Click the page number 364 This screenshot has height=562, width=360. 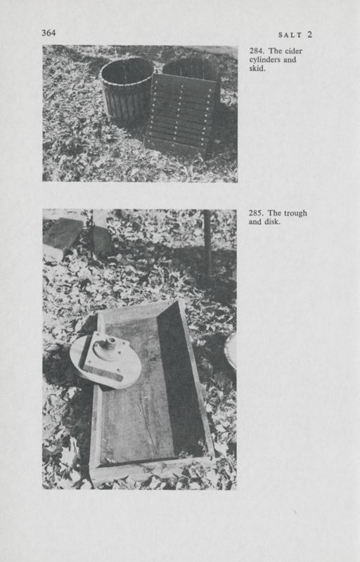49,32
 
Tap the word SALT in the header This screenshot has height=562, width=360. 290,34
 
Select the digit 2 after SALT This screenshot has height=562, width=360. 309,34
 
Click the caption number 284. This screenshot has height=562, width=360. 257,51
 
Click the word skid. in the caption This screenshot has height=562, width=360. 258,70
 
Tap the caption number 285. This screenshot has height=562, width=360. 257,214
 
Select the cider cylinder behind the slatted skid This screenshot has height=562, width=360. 191,69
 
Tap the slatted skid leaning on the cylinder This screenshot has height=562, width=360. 181,112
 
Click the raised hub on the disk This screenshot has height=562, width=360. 110,344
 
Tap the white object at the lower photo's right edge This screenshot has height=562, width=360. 231,350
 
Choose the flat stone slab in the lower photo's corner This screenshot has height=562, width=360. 63,235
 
